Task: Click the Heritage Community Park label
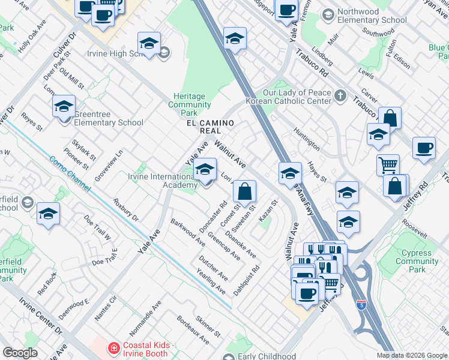point(189,104)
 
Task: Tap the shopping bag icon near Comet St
point(245,193)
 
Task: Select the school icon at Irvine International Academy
point(205,171)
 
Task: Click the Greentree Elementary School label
point(109,123)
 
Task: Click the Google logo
point(20,353)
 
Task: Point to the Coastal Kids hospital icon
point(112,347)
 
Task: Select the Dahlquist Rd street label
point(246,279)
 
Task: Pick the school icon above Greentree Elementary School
point(64,107)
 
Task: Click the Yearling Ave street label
point(211,281)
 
